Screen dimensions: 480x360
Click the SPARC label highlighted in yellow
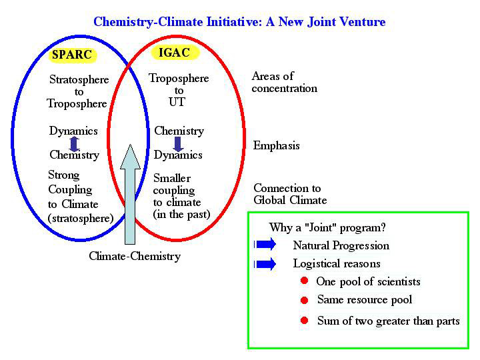pos(73,55)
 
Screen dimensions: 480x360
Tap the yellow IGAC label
pos(175,53)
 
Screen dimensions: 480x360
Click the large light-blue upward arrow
pos(130,195)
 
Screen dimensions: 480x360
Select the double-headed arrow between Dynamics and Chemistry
pos(74,143)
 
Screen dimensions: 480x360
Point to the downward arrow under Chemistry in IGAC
pos(178,144)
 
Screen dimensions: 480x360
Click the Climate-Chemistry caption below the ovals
pos(135,256)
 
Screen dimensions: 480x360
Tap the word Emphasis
pos(276,146)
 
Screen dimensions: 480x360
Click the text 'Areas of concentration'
pos(284,82)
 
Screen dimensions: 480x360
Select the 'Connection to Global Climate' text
pos(290,194)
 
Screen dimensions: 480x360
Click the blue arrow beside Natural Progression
pos(265,245)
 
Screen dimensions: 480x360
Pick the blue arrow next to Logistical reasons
pos(265,264)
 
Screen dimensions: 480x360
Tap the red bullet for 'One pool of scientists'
pos(304,281)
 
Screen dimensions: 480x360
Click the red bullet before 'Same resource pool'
pos(304,300)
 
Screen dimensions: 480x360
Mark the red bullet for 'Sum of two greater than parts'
pos(304,321)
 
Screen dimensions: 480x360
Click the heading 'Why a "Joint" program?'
pos(327,228)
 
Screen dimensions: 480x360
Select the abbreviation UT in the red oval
pos(177,102)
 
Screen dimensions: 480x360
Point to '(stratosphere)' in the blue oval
pos(81,218)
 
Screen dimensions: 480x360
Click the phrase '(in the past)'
pos(181,214)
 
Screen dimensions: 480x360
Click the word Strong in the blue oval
pos(64,175)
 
